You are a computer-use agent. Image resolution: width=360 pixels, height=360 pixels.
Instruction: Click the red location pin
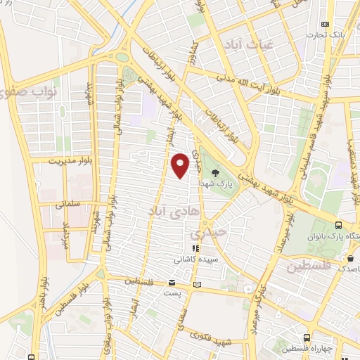pyautogui.click(x=181, y=166)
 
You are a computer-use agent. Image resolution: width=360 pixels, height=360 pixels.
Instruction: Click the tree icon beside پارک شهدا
pyautogui.click(x=216, y=172)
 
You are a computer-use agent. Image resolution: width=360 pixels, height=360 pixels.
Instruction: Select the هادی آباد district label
pyautogui.click(x=167, y=210)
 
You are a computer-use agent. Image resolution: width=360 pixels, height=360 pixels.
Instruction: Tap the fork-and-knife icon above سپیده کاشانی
pyautogui.click(x=196, y=248)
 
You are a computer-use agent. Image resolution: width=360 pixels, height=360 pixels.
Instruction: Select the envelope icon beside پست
pyautogui.click(x=172, y=283)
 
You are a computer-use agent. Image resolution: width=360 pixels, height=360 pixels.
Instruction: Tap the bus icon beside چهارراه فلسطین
pyautogui.click(x=307, y=337)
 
